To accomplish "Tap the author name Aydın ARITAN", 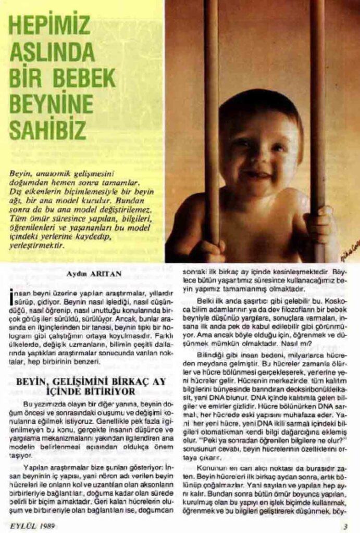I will tap(88, 272).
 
